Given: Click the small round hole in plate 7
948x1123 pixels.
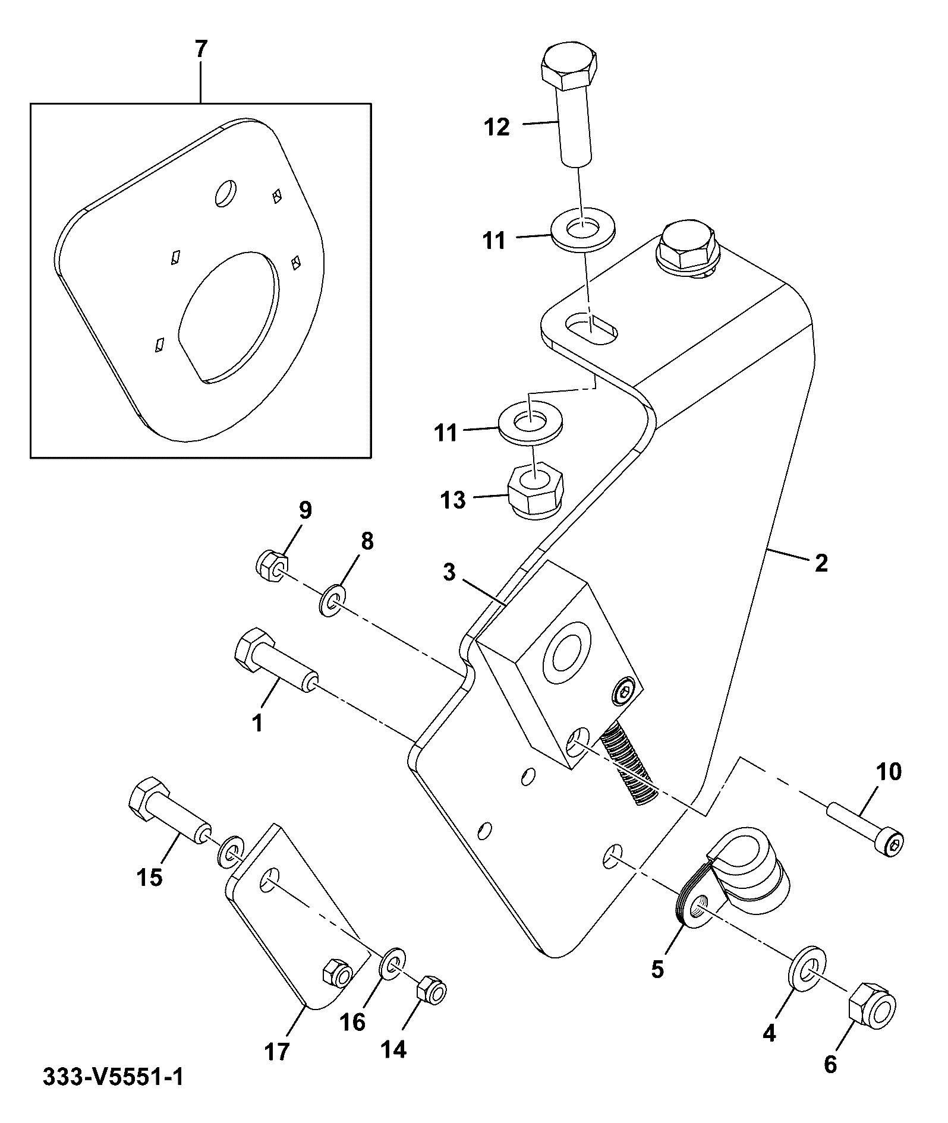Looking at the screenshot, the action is (x=225, y=193).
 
